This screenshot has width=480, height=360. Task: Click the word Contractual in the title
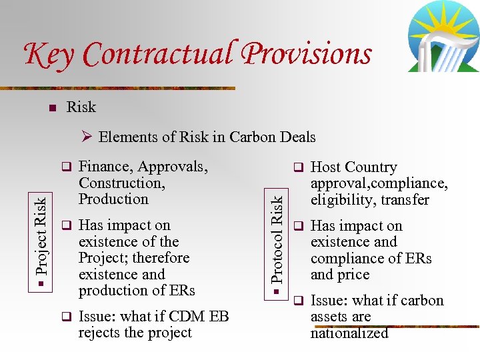coord(155,53)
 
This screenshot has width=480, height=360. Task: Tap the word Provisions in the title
coord(307,53)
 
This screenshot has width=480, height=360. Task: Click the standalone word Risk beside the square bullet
coord(81,107)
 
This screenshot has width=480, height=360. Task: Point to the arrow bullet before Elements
coord(87,137)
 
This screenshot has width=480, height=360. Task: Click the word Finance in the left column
coord(103,167)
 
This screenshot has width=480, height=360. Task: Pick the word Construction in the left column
coord(121,183)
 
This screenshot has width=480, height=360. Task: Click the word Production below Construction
coord(113,199)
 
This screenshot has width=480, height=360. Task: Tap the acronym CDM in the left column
coord(179,317)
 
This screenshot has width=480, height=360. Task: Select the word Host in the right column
coord(326,167)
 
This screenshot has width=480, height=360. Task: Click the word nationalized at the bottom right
coord(349,333)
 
